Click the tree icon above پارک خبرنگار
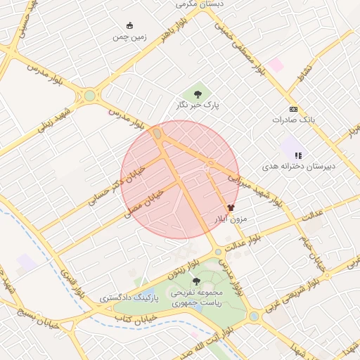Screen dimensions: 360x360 click(198, 92)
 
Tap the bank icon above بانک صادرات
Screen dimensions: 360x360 click(293, 109)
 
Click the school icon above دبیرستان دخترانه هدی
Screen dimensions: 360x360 click(298, 155)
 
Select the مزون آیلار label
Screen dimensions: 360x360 click(231, 219)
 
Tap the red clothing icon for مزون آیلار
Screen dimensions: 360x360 click(231, 207)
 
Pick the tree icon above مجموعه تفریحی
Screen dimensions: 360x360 click(196, 281)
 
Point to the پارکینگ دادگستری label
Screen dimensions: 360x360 click(129, 298)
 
